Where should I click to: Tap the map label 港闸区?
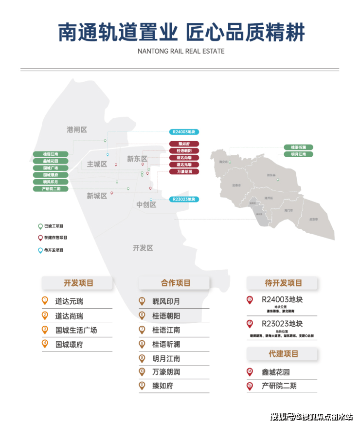(x=77, y=129)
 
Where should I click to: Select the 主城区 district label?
(x=97, y=164)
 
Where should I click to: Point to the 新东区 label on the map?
(x=137, y=159)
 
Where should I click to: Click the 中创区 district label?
(x=146, y=205)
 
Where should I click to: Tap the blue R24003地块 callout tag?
(x=184, y=132)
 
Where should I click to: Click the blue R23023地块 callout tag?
(x=184, y=199)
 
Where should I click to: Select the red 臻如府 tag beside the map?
(x=184, y=144)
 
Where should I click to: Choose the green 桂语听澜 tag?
(x=298, y=147)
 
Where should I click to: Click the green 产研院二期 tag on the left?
(x=51, y=188)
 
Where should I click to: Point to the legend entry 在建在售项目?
(x=55, y=238)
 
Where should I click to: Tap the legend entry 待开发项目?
(x=54, y=250)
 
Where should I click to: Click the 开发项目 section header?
(x=78, y=283)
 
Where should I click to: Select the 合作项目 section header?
(x=176, y=283)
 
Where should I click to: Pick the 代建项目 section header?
(x=283, y=354)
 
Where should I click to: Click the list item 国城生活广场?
(x=76, y=330)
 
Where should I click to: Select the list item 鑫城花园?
(x=275, y=372)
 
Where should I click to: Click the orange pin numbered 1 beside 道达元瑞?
(x=45, y=301)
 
